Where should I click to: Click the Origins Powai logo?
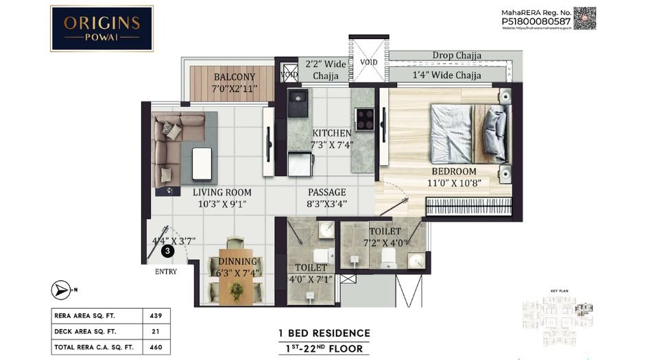pos(102,29)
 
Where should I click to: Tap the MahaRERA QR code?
pos(584,19)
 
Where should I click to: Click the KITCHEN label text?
pos(331,133)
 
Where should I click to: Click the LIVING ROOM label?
pos(221,193)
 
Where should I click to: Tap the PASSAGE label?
pos(326,192)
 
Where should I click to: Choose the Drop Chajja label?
pos(456,56)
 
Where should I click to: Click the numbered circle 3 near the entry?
pos(166,252)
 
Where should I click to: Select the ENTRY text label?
pos(165,272)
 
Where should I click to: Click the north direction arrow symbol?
pos(60,289)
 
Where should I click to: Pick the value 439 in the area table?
pos(155,316)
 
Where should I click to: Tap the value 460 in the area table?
pos(155,348)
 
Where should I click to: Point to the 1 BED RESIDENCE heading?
pos(324,333)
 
